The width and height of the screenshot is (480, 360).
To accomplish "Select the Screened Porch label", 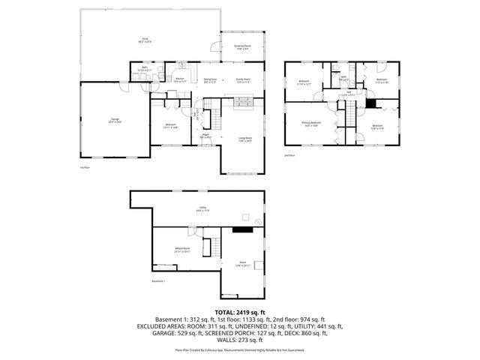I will [243, 47].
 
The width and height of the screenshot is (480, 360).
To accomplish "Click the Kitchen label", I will [180, 79].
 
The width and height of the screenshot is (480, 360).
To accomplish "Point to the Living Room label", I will [244, 139].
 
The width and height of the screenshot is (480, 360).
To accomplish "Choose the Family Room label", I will [243, 79].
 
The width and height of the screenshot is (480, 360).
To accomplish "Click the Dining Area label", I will [210, 79].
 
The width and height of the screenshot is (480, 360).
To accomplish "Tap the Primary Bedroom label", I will [312, 123].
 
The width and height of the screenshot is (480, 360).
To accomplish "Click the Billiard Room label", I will [182, 249].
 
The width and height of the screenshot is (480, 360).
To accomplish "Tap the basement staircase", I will [215, 247].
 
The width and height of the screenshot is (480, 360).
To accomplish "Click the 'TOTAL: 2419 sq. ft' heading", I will [240, 311].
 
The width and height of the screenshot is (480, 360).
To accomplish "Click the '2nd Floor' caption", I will [289, 156].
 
